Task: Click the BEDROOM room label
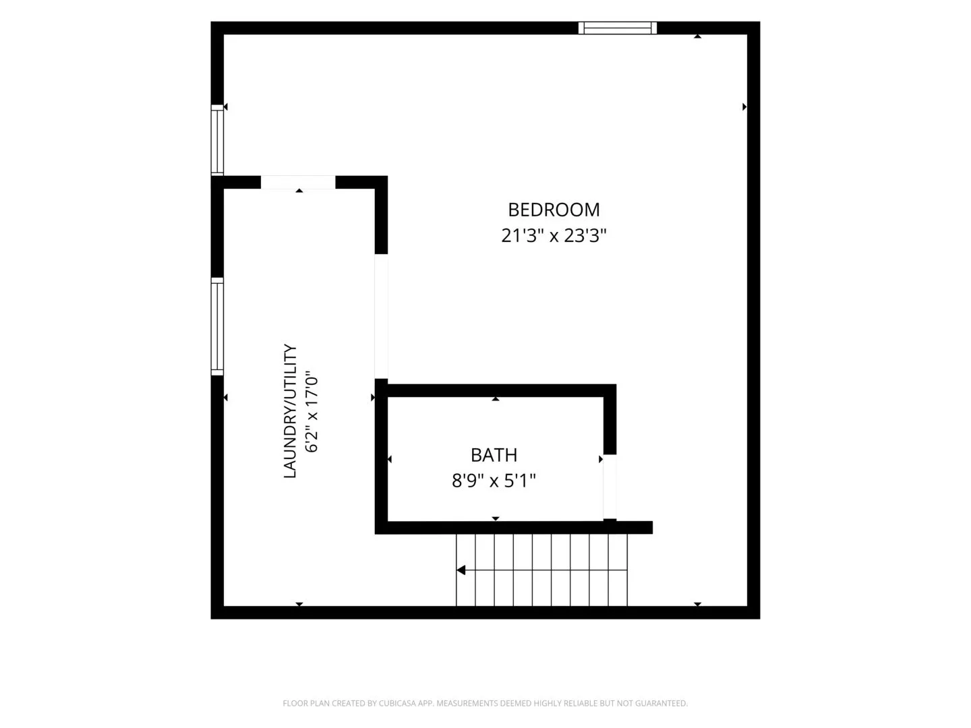554,210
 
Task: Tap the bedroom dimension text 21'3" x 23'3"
554,236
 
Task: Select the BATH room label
494,455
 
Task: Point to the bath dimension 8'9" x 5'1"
494,481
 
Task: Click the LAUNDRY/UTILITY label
290,411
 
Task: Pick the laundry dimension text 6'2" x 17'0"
312,411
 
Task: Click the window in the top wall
618,28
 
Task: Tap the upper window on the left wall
217,140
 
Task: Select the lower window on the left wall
217,327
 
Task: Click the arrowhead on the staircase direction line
461,570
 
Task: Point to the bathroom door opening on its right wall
610,486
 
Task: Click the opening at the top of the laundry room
298,182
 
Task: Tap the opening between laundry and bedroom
382,317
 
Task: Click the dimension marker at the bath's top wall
496,398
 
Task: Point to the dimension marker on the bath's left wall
390,460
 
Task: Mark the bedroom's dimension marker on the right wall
744,107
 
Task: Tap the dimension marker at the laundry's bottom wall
299,604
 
